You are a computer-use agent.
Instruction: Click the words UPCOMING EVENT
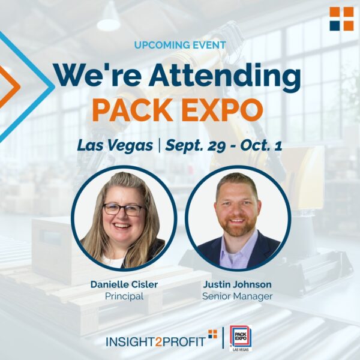click(180, 45)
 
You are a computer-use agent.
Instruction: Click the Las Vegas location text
click(115, 146)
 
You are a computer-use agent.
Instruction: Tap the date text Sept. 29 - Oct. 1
click(224, 146)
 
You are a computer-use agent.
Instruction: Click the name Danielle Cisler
click(124, 284)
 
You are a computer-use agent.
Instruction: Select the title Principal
click(124, 296)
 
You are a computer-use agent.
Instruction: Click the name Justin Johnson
click(237, 284)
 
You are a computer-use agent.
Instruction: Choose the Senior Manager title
click(237, 296)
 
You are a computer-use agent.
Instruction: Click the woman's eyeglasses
click(123, 209)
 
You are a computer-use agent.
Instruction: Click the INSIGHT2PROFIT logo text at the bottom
click(161, 340)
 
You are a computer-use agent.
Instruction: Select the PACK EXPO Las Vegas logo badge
click(241, 338)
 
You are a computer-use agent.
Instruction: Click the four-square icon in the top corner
click(341, 19)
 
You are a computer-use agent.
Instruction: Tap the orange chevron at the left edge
click(10, 87)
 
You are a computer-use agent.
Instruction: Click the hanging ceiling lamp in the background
click(109, 19)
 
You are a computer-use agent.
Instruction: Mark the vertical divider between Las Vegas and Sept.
click(159, 145)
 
